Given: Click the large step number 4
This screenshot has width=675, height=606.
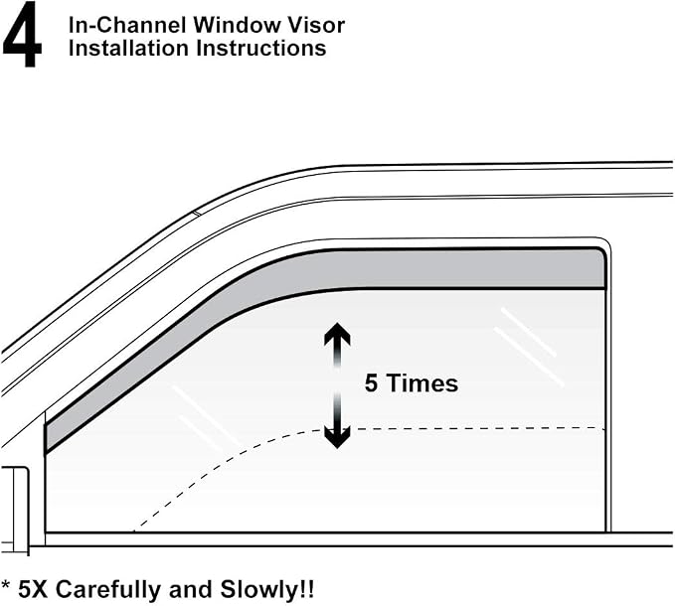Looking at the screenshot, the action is coord(22,35).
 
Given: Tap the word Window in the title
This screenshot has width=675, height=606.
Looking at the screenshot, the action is coord(237,25).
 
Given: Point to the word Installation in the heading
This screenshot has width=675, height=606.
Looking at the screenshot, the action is coord(128,48).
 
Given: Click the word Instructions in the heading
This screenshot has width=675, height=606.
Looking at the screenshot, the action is coord(261,48).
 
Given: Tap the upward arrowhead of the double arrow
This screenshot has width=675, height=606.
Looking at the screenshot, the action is coord(337,334).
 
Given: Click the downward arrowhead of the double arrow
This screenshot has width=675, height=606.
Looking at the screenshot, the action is coord(337,438).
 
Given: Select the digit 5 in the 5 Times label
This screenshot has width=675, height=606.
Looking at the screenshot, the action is coord(371,382).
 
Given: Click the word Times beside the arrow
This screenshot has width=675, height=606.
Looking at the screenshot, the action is coord(422,382).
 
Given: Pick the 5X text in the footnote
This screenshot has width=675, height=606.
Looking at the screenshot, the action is coord(32,589).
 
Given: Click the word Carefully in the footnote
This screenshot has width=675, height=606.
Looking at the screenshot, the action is coord(109,590).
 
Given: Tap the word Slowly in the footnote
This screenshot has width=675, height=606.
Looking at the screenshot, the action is coord(257,590).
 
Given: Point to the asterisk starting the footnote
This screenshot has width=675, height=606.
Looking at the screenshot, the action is coord(6,585).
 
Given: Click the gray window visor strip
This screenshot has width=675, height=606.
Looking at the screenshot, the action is coord(430,269).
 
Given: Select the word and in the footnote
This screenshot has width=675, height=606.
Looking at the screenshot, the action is coord(191,589).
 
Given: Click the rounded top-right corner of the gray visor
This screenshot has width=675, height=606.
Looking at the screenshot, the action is coord(601,252).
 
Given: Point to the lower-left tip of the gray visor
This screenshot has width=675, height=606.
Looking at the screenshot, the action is coord(46,452).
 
